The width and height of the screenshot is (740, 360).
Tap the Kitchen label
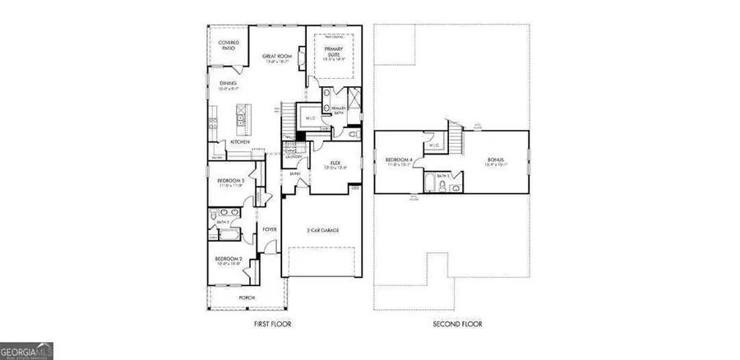click(x=239, y=142)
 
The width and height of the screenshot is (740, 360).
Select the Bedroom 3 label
click(x=231, y=180)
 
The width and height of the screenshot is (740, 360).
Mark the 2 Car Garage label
click(x=324, y=229)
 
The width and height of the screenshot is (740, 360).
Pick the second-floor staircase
click(x=451, y=136)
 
